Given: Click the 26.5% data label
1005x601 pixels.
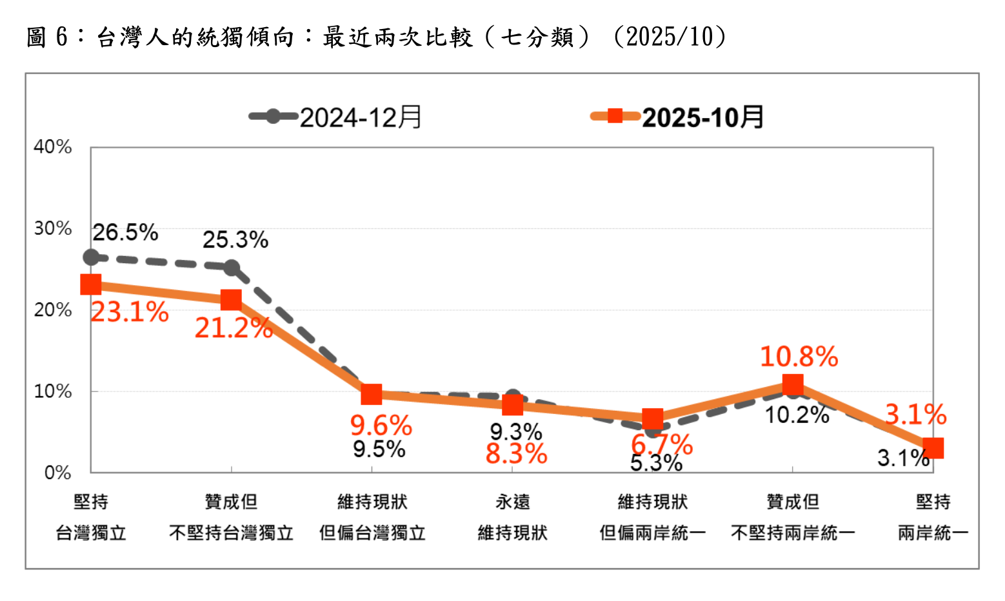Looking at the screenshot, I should [x=125, y=232].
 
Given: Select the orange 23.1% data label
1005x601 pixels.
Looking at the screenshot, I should [x=130, y=313].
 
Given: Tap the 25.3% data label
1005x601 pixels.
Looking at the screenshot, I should [x=235, y=240].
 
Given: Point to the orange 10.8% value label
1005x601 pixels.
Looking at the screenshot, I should [x=799, y=357].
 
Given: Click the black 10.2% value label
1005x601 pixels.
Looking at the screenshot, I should [x=797, y=415].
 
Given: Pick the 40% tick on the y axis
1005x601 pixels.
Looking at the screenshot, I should [x=53, y=147].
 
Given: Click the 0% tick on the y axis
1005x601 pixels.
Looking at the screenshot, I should [x=57, y=473].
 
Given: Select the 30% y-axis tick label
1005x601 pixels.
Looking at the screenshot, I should [x=53, y=228].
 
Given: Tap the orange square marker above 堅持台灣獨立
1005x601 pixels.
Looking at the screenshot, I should [x=91, y=284].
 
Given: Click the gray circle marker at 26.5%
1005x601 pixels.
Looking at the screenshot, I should [x=91, y=257].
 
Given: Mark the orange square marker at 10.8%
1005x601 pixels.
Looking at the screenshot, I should [x=793, y=385].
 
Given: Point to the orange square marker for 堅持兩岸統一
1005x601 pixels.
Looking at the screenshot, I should [x=933, y=448].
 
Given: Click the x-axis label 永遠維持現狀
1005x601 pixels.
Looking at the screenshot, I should [x=512, y=517].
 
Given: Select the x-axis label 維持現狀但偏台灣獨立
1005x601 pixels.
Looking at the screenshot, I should [x=372, y=517].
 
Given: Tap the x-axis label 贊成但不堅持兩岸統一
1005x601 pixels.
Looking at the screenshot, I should [x=793, y=517].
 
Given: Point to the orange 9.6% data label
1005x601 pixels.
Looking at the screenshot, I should [x=381, y=426].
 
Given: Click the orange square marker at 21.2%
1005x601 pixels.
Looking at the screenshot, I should [x=231, y=300].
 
